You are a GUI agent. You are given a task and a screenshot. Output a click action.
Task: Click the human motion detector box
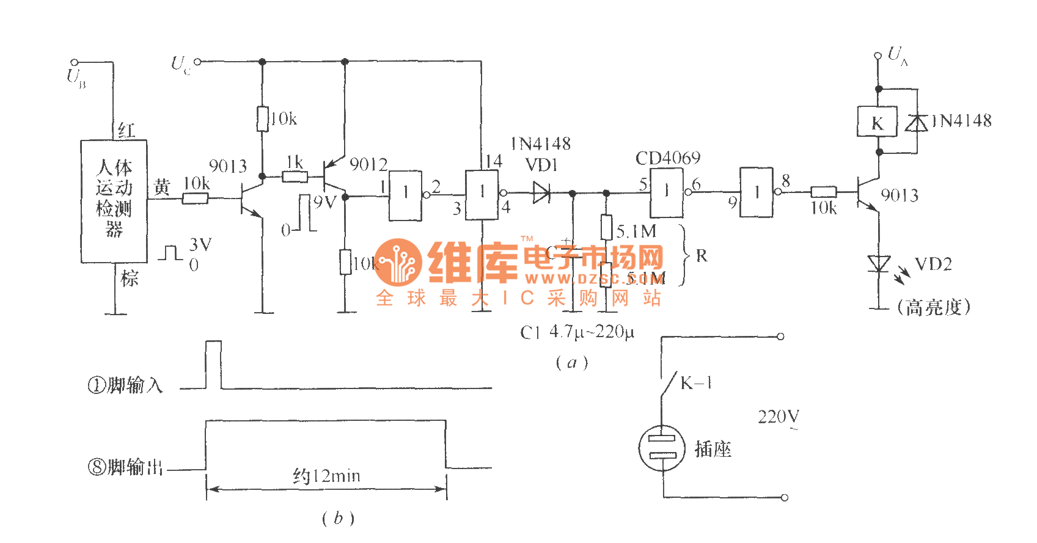click(x=114, y=202)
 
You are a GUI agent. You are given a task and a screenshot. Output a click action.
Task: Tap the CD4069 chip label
click(x=668, y=158)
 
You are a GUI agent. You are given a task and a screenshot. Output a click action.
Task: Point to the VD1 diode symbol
click(x=541, y=193)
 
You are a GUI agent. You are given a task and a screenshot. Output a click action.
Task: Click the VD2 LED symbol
click(x=879, y=264)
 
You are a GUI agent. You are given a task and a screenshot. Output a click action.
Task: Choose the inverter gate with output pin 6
click(x=666, y=192)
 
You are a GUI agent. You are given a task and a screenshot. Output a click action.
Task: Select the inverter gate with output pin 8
click(x=757, y=192)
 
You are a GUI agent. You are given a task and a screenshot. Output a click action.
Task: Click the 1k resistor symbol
click(x=295, y=177)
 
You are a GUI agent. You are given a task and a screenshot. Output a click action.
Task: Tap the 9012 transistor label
click(x=368, y=164)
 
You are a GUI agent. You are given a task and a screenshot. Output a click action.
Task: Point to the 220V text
click(x=779, y=417)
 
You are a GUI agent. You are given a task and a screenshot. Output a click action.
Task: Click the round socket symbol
click(x=662, y=448)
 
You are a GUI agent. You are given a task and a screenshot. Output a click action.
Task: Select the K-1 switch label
click(x=696, y=384)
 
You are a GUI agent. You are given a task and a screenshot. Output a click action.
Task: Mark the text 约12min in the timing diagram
click(x=326, y=475)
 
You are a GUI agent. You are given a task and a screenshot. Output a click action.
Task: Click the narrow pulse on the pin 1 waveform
click(x=213, y=364)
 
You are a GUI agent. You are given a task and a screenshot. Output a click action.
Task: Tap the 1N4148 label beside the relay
click(x=961, y=121)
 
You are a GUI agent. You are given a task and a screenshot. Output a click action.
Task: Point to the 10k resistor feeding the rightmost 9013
click(x=823, y=192)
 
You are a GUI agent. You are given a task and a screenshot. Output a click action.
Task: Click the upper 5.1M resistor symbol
click(x=606, y=227)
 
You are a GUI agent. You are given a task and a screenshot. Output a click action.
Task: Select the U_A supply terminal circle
click(x=878, y=56)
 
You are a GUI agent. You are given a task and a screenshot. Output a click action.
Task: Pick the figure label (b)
click(x=337, y=519)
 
